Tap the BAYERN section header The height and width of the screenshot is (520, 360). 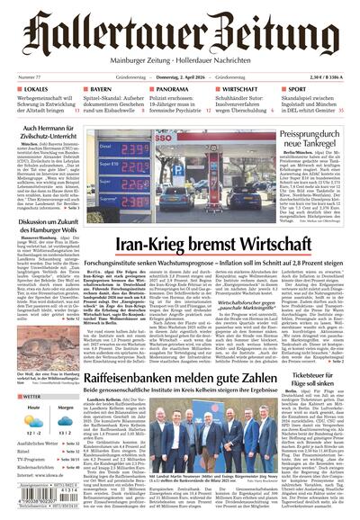point(101,90)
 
